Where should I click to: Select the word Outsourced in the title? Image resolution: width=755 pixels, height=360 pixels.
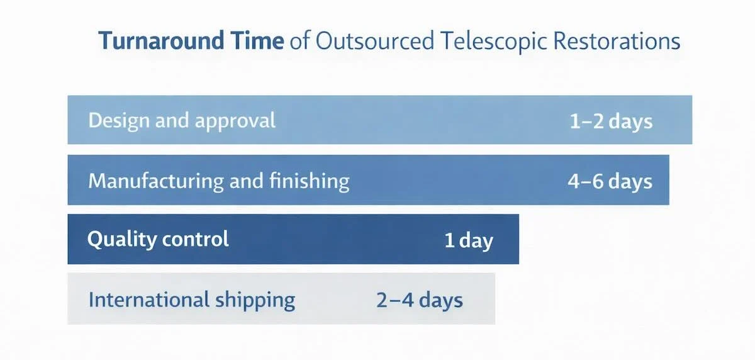click(x=375, y=41)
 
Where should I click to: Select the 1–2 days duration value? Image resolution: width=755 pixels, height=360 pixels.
click(x=611, y=121)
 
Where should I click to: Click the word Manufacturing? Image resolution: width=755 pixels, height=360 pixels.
click(x=157, y=181)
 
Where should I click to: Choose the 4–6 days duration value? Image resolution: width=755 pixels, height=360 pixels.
click(x=610, y=181)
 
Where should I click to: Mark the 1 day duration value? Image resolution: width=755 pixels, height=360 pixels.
click(x=469, y=240)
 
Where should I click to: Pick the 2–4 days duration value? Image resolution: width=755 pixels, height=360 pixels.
click(x=420, y=300)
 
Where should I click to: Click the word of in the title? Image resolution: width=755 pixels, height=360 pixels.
click(x=299, y=41)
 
